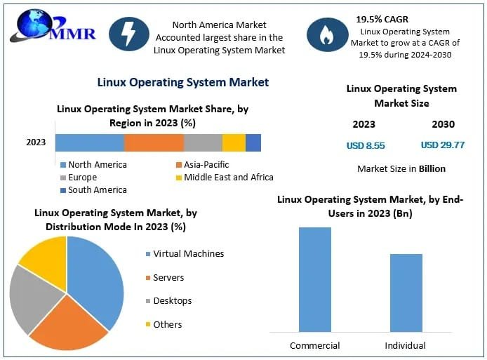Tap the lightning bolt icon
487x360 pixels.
click(x=128, y=34)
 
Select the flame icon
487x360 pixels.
click(x=327, y=34)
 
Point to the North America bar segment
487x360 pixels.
click(x=90, y=142)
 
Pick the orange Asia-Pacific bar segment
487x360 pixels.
click(x=154, y=142)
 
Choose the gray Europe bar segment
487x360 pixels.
click(x=203, y=142)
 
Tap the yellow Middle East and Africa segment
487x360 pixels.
click(x=234, y=142)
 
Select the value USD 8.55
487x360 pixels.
click(x=366, y=146)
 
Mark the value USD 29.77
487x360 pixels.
click(x=442, y=146)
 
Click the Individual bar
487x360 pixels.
click(x=406, y=293)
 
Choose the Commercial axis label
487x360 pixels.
click(x=314, y=345)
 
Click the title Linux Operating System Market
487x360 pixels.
click(x=182, y=82)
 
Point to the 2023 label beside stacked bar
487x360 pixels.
click(x=36, y=142)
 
